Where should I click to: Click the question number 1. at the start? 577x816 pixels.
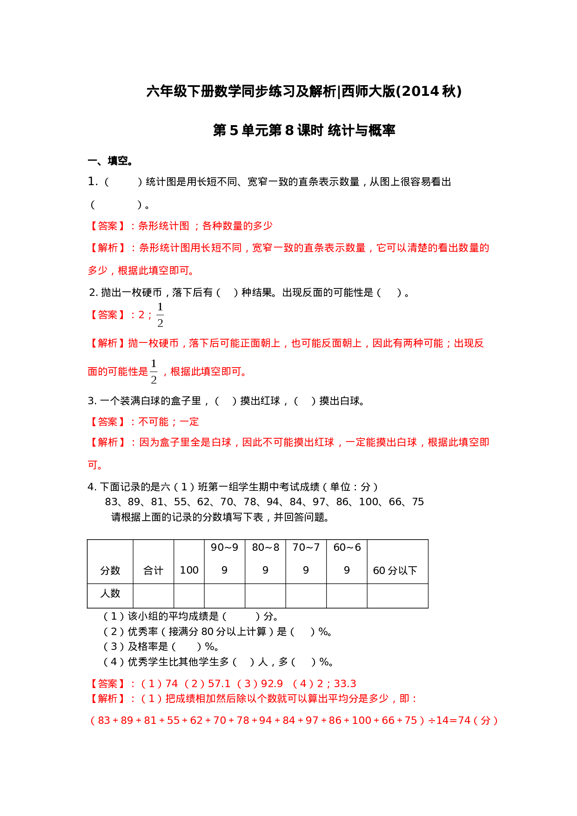tap(93, 181)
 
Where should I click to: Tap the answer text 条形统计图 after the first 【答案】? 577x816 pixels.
tap(164, 226)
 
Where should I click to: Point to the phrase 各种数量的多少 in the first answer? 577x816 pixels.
tap(237, 226)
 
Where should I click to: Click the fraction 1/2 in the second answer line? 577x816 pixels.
tap(160, 314)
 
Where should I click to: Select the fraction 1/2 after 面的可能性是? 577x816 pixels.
tap(154, 371)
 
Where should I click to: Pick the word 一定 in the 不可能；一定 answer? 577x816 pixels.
tap(189, 422)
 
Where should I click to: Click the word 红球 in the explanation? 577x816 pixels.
tap(324, 442)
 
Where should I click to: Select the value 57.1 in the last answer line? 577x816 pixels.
tap(219, 684)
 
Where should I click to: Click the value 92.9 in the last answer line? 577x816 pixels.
tap(272, 684)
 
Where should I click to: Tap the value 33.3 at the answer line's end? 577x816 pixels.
tap(345, 684)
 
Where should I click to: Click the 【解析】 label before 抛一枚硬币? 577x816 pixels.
tap(107, 343)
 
